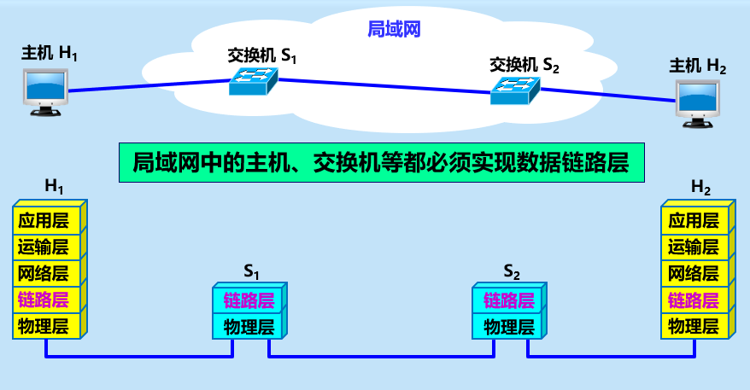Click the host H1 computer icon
[44, 91]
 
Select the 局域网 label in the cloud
[395, 29]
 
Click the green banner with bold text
[380, 162]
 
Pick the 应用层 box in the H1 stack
[48, 221]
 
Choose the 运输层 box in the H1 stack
[48, 247]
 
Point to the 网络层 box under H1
[48, 274]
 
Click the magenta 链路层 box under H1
[48, 300]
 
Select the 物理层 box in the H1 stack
[48, 325]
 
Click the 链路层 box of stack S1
[248, 300]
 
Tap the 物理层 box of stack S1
[248, 326]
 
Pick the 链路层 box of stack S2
[508, 300]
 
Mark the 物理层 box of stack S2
[508, 326]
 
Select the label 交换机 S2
[524, 64]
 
